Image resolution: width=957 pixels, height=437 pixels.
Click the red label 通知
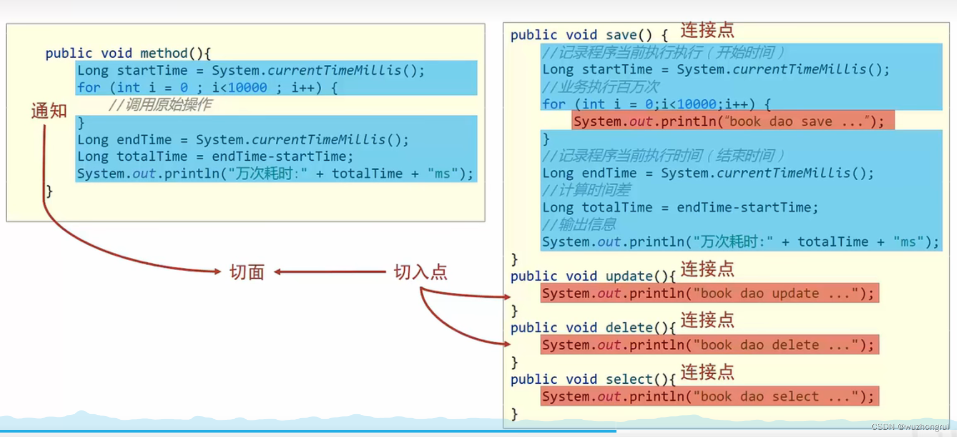[x=49, y=111]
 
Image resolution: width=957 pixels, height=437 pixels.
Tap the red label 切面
[x=247, y=272]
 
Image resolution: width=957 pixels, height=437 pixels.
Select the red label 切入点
[x=420, y=272]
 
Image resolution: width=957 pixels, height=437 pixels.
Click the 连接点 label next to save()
[x=707, y=30]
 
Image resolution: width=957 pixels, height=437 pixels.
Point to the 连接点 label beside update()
[x=707, y=269]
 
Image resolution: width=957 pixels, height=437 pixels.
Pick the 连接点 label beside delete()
[x=707, y=320]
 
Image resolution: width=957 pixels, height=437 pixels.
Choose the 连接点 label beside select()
[x=707, y=372]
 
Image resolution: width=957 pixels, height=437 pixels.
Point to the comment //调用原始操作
[x=160, y=105]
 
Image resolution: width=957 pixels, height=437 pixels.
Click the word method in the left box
[x=164, y=53]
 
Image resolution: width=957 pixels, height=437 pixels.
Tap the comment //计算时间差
[x=586, y=190]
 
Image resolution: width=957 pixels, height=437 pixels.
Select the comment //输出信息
[x=579, y=225]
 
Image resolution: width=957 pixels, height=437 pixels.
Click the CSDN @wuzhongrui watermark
[x=909, y=426]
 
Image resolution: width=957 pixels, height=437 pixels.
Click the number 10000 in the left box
[x=248, y=88]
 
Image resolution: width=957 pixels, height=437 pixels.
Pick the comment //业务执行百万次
[x=601, y=87]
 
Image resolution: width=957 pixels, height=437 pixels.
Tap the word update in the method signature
[x=629, y=276]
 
